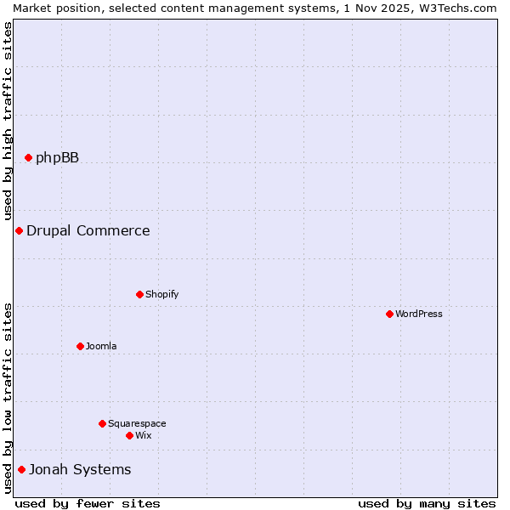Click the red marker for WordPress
[389, 314]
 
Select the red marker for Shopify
[139, 294]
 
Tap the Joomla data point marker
[80, 346]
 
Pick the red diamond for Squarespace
[102, 423]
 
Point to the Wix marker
[129, 435]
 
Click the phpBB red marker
[28, 157]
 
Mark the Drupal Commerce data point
[19, 230]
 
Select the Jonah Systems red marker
[21, 469]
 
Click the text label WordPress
[419, 314]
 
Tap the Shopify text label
[161, 294]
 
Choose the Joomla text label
[101, 346]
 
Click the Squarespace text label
[137, 423]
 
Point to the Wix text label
[143, 435]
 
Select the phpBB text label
[57, 157]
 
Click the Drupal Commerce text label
[88, 230]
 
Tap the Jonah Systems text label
[80, 469]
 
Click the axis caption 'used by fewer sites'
[88, 503]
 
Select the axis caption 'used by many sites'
[427, 503]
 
